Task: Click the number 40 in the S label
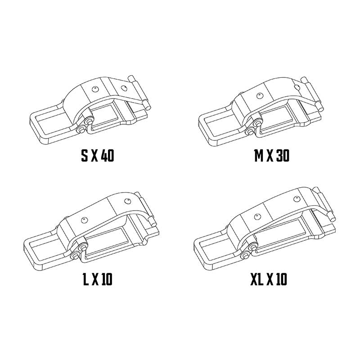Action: click(x=108, y=156)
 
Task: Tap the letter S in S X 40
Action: click(x=85, y=156)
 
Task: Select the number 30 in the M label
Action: click(x=283, y=156)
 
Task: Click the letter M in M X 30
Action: click(x=259, y=156)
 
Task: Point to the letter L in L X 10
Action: click(x=86, y=279)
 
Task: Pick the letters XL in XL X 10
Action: click(x=256, y=279)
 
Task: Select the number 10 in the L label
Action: click(x=107, y=279)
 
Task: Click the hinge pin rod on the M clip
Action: click(x=312, y=94)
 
